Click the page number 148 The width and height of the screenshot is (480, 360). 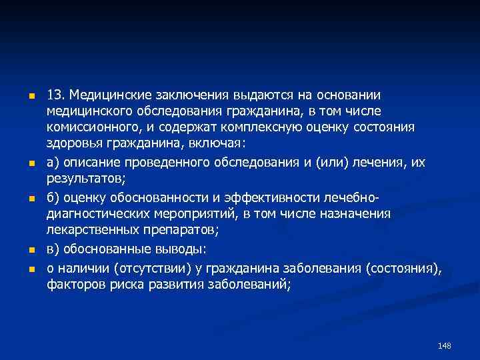click(x=445, y=346)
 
